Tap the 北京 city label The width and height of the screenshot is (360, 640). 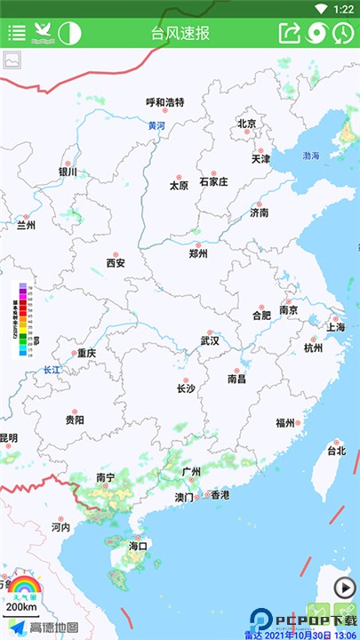coord(247,124)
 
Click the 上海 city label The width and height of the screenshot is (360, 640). coord(336,326)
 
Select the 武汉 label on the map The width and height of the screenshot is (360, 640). coord(210,340)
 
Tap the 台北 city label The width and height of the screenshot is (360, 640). coord(336,450)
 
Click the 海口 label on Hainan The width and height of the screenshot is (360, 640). coord(137,545)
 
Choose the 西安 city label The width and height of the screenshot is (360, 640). coord(116,262)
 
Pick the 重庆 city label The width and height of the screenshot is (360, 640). coord(86,353)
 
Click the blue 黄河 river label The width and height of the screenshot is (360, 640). coord(156,126)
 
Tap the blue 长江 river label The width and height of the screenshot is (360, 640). coord(52,370)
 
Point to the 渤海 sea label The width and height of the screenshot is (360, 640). coord(310,156)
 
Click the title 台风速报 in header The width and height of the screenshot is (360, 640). coord(180,33)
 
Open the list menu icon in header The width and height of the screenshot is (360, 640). coord(17,33)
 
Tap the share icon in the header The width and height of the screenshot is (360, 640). coord(290,33)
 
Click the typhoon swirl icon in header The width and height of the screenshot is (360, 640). coord(316,33)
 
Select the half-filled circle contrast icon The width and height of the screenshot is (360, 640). coord(69,33)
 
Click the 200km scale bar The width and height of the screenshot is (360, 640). coord(21,608)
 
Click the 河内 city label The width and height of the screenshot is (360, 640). coord(60,527)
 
